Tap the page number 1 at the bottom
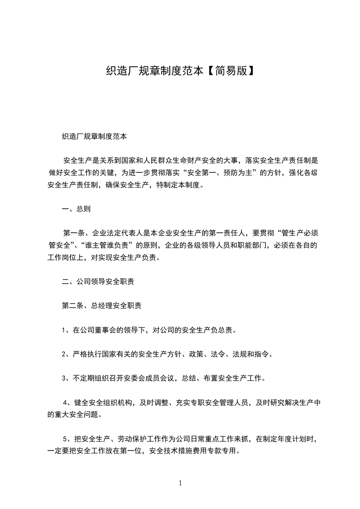(180, 483)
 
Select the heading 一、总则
(76, 209)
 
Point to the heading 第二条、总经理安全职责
(101, 306)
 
